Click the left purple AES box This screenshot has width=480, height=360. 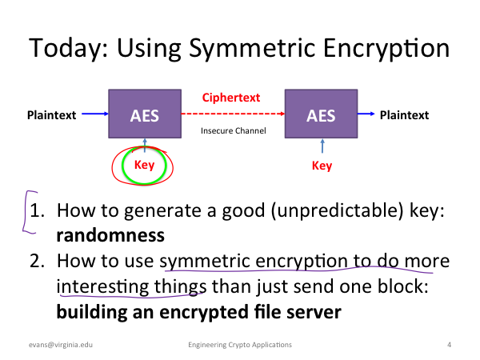pyautogui.click(x=145, y=114)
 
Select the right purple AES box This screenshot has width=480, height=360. pyautogui.click(x=321, y=114)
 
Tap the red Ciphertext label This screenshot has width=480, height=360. pyautogui.click(x=231, y=98)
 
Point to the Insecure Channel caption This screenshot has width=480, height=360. pyautogui.click(x=234, y=130)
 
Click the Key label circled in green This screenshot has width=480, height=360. pyautogui.click(x=145, y=165)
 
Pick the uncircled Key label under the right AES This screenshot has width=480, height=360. pyautogui.click(x=322, y=166)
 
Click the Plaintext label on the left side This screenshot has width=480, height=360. pyautogui.click(x=52, y=115)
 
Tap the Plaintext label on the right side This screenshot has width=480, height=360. pyautogui.click(x=404, y=115)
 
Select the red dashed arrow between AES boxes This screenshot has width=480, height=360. pyautogui.click(x=233, y=114)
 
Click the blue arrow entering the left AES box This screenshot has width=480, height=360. pyautogui.click(x=95, y=114)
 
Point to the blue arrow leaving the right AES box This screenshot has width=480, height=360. pyautogui.click(x=366, y=114)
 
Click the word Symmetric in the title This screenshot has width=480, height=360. pyautogui.click(x=252, y=48)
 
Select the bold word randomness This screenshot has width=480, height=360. pyautogui.click(x=110, y=235)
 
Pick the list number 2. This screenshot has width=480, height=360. pyautogui.click(x=37, y=261)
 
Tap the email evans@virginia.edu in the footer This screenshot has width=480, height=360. pyautogui.click(x=61, y=345)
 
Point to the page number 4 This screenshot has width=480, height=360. pyautogui.click(x=449, y=345)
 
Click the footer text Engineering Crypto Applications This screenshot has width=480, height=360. pyautogui.click(x=240, y=345)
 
